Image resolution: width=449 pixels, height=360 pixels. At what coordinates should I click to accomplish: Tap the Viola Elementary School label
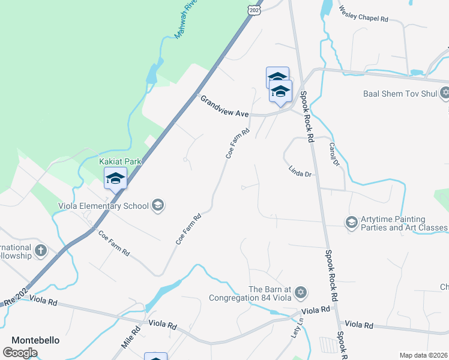coord(103,206)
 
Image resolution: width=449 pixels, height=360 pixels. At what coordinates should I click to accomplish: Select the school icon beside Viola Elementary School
coord(157,206)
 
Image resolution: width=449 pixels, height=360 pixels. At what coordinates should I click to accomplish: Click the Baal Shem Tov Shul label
coord(401,93)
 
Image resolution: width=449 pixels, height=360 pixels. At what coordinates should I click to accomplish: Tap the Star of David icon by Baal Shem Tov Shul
coord(445,93)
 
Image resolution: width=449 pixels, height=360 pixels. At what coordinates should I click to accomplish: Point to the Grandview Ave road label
coord(224,106)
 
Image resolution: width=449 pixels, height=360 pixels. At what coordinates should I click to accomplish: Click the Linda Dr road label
coord(300,172)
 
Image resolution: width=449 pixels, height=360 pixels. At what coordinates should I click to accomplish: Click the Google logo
coord(20,352)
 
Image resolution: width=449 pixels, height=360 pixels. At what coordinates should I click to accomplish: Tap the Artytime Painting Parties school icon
coord(351,223)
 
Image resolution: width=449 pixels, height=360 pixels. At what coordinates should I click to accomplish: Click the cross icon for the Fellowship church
coord(41,250)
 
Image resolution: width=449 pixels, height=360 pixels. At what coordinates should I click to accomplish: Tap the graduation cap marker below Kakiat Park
coord(115,178)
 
